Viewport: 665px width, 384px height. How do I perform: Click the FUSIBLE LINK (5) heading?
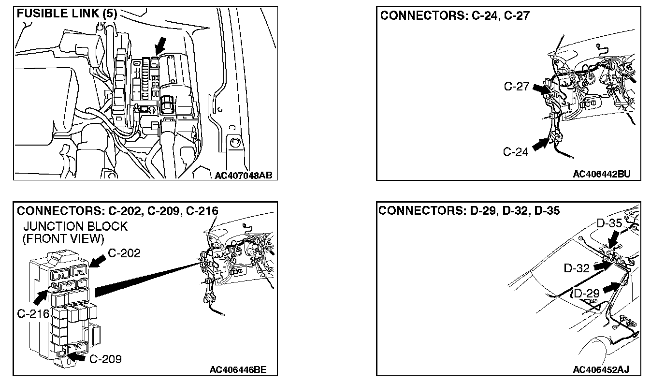[x=67, y=13]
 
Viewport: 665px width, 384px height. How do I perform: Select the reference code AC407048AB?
[x=244, y=175]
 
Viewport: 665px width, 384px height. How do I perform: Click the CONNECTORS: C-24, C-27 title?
[x=455, y=15]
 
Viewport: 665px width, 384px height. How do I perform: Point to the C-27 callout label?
[x=517, y=87]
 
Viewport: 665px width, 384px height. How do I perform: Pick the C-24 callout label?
[x=516, y=152]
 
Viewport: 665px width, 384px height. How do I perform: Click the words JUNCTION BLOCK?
[x=75, y=226]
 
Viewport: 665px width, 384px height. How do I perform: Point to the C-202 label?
[x=124, y=253]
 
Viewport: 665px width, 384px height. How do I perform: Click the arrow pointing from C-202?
[x=98, y=261]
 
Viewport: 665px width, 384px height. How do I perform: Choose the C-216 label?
[x=33, y=313]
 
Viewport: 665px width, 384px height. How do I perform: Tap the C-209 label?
[x=105, y=359]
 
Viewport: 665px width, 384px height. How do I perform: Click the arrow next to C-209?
[x=78, y=357]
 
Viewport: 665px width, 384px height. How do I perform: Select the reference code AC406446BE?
[x=237, y=370]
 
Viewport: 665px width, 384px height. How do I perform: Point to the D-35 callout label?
[x=609, y=223]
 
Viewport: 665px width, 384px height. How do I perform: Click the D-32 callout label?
[x=577, y=267]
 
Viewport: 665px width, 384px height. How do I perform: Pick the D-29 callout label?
[x=587, y=293]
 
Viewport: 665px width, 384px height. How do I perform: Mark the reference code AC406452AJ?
[x=600, y=370]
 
